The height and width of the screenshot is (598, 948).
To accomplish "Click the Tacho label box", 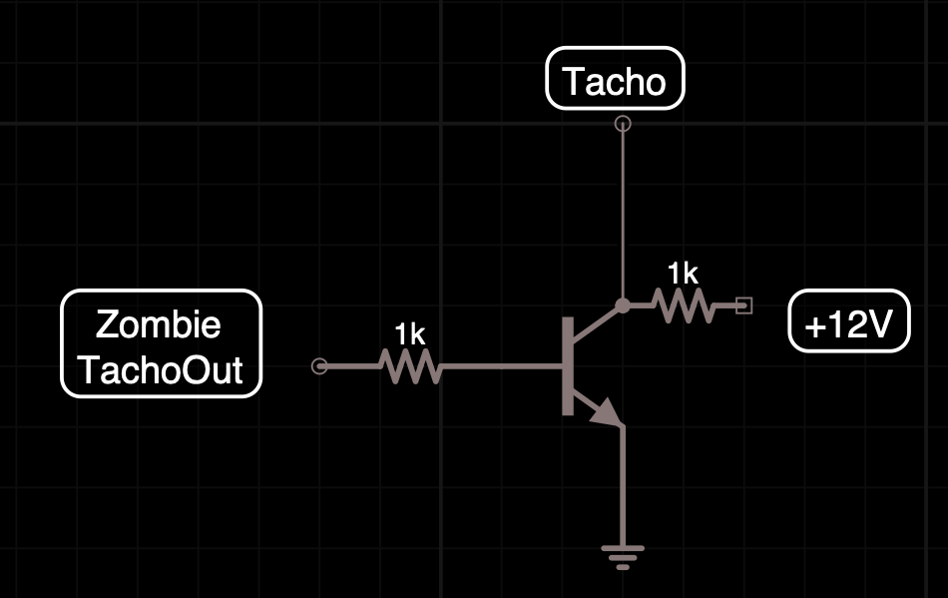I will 615,79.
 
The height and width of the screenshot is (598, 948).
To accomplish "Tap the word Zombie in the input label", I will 159,323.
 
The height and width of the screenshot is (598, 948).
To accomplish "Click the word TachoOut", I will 160,369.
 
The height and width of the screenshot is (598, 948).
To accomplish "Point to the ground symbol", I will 623,553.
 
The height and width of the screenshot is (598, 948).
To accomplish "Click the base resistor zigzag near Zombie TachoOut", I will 410,366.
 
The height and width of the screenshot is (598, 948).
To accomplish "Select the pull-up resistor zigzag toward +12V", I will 685,304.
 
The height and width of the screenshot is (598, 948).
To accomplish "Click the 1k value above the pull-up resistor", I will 684,272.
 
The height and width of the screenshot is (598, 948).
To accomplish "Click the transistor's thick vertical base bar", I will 568,365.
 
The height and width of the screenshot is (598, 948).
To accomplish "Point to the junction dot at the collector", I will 623,304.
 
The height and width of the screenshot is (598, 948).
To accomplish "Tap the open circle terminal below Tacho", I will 623,124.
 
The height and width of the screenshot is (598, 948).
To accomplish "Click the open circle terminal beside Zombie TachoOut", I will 319,366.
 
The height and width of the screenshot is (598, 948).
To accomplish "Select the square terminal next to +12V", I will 743,305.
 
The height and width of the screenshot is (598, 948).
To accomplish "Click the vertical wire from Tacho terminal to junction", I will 623,215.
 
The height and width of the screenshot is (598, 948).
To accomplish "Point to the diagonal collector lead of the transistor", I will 597,322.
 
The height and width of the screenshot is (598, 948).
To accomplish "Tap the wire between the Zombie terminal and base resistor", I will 349,366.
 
